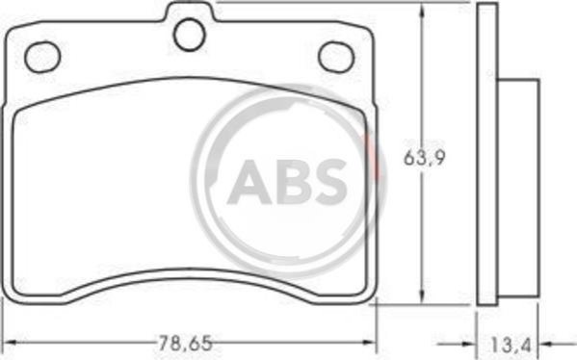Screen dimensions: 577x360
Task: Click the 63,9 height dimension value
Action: coord(424,158)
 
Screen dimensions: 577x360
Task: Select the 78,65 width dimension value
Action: coord(186,344)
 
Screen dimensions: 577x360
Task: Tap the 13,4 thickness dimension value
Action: coord(511,345)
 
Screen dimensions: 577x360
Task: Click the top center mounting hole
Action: coord(189,35)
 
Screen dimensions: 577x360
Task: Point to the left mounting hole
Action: coord(42,57)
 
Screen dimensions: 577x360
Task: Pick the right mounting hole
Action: coord(336,57)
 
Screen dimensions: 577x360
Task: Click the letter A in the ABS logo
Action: coord(249,182)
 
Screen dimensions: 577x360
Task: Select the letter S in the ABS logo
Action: coord(328,182)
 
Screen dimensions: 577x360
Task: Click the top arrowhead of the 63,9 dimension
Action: coord(422,11)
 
